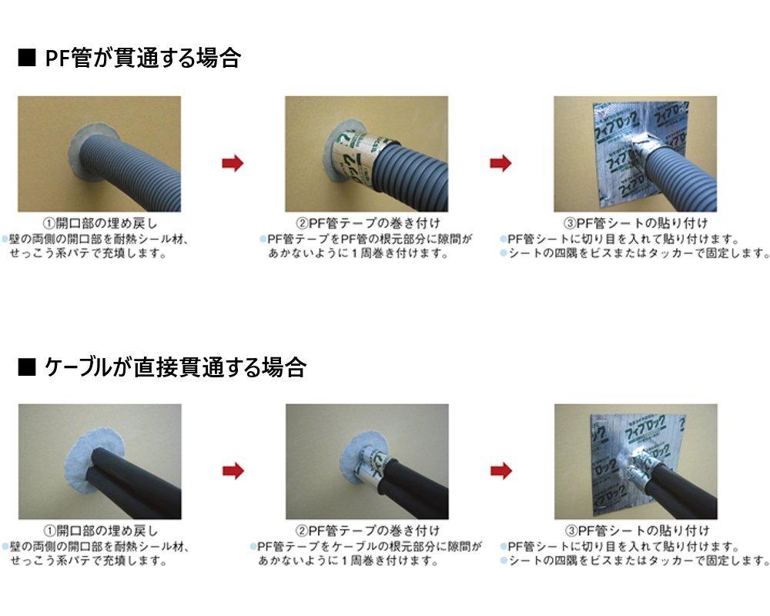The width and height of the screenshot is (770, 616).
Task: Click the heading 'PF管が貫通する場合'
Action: click(142, 59)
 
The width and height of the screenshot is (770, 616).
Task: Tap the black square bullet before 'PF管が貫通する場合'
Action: click(27, 59)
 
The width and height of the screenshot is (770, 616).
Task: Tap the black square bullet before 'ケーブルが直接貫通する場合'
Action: click(27, 367)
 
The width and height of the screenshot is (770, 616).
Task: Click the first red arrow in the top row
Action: click(233, 162)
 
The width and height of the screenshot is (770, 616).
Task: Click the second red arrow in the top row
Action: click(500, 162)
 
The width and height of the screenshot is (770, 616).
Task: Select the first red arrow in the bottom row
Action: click(233, 470)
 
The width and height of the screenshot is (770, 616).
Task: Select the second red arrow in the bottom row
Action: click(500, 470)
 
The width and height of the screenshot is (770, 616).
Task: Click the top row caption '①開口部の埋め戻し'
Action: click(100, 224)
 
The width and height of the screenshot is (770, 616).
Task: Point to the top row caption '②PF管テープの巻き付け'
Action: click(367, 224)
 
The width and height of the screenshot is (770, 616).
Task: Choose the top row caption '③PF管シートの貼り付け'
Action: click(635, 224)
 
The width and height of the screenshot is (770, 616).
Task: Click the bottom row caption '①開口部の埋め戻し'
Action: click(100, 531)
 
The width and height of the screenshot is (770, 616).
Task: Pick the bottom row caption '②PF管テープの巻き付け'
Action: click(367, 531)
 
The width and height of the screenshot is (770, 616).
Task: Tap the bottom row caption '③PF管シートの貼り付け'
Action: click(635, 531)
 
